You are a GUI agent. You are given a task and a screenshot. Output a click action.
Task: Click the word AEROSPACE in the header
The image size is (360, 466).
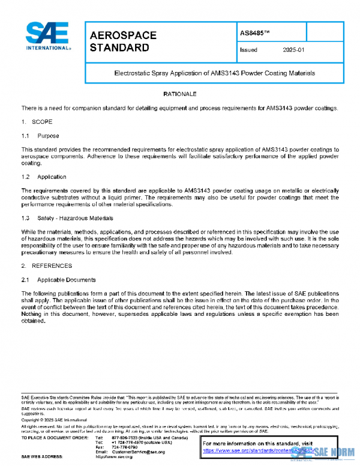pos(122,35)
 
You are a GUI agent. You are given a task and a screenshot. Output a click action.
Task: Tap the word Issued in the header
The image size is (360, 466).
pos(248,50)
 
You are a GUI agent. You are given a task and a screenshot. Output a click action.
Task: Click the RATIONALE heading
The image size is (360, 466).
pos(180,94)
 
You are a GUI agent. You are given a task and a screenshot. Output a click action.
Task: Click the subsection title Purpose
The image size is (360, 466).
pos(48,136)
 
